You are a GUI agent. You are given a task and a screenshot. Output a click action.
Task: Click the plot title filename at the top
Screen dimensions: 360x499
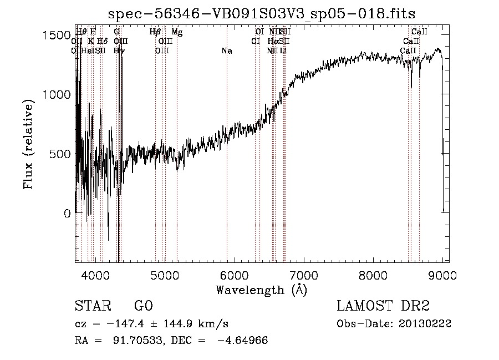261,13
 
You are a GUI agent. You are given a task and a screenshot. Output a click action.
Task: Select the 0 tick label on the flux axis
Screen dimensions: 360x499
66,213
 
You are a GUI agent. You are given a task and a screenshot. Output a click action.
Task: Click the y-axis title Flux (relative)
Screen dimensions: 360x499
29,144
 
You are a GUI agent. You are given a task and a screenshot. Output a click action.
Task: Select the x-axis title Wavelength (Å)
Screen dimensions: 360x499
262,290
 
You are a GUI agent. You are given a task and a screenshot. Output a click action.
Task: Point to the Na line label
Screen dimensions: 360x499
226,51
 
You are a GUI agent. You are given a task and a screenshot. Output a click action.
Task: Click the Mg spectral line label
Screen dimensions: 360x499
177,32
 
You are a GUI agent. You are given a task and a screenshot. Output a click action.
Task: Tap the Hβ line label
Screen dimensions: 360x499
155,32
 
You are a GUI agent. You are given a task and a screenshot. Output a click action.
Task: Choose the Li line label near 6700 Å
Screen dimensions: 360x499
283,51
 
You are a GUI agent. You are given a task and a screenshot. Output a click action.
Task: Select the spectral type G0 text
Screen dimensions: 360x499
143,307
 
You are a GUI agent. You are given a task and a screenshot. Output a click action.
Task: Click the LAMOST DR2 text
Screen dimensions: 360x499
383,306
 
